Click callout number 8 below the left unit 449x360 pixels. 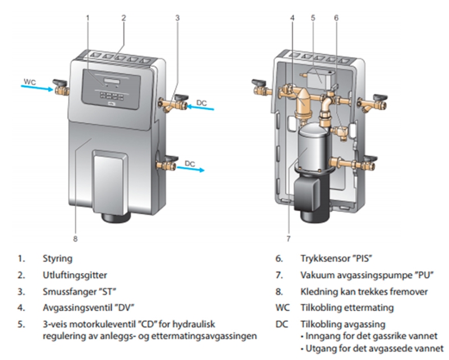pyautogui.click(x=75, y=238)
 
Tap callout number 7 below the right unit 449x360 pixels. pyautogui.click(x=288, y=238)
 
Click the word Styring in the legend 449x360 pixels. pyautogui.click(x=57, y=259)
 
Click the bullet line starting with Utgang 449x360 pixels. pyautogui.click(x=371, y=348)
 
